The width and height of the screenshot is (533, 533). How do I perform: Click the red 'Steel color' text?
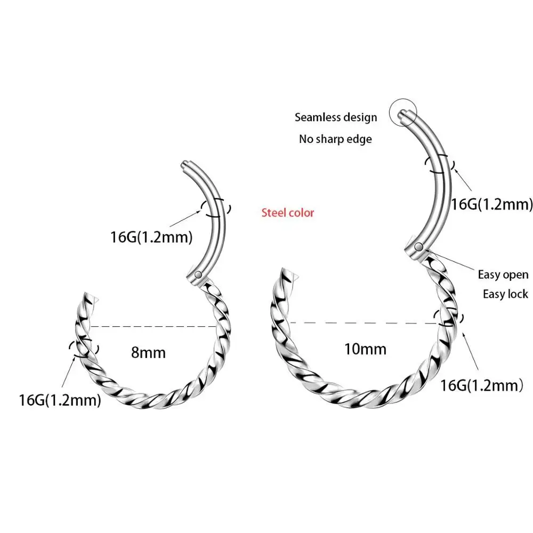288,213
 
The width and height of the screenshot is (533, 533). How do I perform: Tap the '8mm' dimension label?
148,352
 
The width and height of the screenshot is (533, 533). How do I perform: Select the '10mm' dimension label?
366,349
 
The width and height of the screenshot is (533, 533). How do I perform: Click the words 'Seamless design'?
336,117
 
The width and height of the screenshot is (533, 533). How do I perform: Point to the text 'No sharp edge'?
335,139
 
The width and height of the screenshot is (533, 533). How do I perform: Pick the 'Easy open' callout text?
503,275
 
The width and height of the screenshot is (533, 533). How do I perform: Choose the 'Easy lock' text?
505,294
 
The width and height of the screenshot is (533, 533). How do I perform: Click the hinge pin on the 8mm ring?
198,275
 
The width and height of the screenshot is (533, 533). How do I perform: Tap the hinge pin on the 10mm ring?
419,247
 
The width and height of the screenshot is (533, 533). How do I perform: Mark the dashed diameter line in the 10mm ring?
362,322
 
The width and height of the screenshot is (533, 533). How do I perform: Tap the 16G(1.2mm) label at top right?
492,203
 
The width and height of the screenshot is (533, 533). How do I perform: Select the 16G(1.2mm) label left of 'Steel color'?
151,237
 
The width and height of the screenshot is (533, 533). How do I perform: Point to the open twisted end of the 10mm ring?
288,277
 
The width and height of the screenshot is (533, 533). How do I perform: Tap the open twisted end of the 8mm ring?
88,298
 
